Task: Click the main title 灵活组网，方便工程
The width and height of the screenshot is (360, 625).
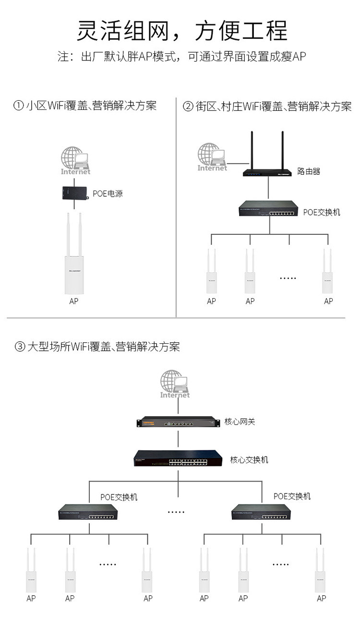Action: (182, 31)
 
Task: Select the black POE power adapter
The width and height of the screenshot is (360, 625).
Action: (74, 193)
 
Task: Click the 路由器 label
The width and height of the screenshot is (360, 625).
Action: (309, 171)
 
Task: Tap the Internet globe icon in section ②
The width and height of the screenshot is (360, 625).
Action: (212, 156)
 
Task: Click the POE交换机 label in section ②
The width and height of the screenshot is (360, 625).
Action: (322, 212)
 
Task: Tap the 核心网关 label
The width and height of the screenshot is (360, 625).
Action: (240, 422)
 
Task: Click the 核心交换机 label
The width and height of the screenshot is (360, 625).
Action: (249, 460)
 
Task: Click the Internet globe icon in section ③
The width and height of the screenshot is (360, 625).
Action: (175, 383)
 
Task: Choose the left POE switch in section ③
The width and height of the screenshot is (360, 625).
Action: (88, 512)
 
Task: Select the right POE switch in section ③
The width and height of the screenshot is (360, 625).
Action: (261, 512)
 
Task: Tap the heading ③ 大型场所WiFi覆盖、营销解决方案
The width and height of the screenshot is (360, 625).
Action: (98, 347)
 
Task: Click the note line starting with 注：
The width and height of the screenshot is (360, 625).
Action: (182, 57)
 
